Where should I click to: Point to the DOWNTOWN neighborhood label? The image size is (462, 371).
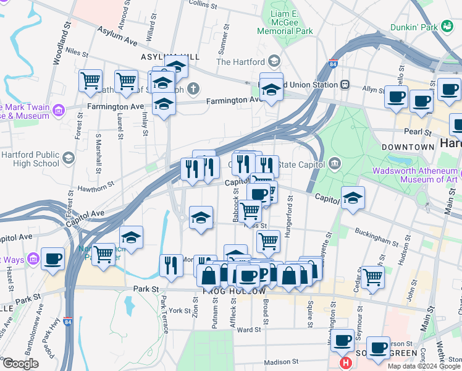click(x=408, y=147)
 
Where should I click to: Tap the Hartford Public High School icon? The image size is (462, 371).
click(x=68, y=159)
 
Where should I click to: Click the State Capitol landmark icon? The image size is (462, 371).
click(x=335, y=163)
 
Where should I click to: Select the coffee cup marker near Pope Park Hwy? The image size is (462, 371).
click(x=53, y=258)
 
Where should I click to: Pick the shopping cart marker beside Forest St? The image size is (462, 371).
click(x=91, y=80)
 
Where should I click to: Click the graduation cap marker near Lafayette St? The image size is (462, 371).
click(x=353, y=198)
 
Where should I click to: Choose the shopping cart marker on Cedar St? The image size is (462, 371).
click(x=372, y=277)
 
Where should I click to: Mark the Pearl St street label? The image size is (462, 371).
click(x=418, y=132)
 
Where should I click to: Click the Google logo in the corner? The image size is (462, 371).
click(x=20, y=364)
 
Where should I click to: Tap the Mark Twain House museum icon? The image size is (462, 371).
click(x=59, y=111)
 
